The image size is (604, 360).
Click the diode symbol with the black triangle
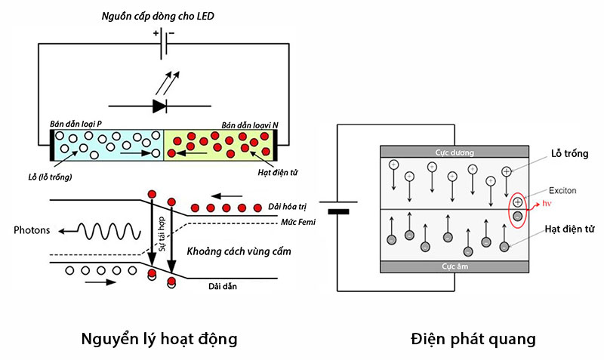tap(159, 105)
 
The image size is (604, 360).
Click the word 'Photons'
tap(34, 230)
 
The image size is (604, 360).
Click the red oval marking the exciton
tap(517, 211)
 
